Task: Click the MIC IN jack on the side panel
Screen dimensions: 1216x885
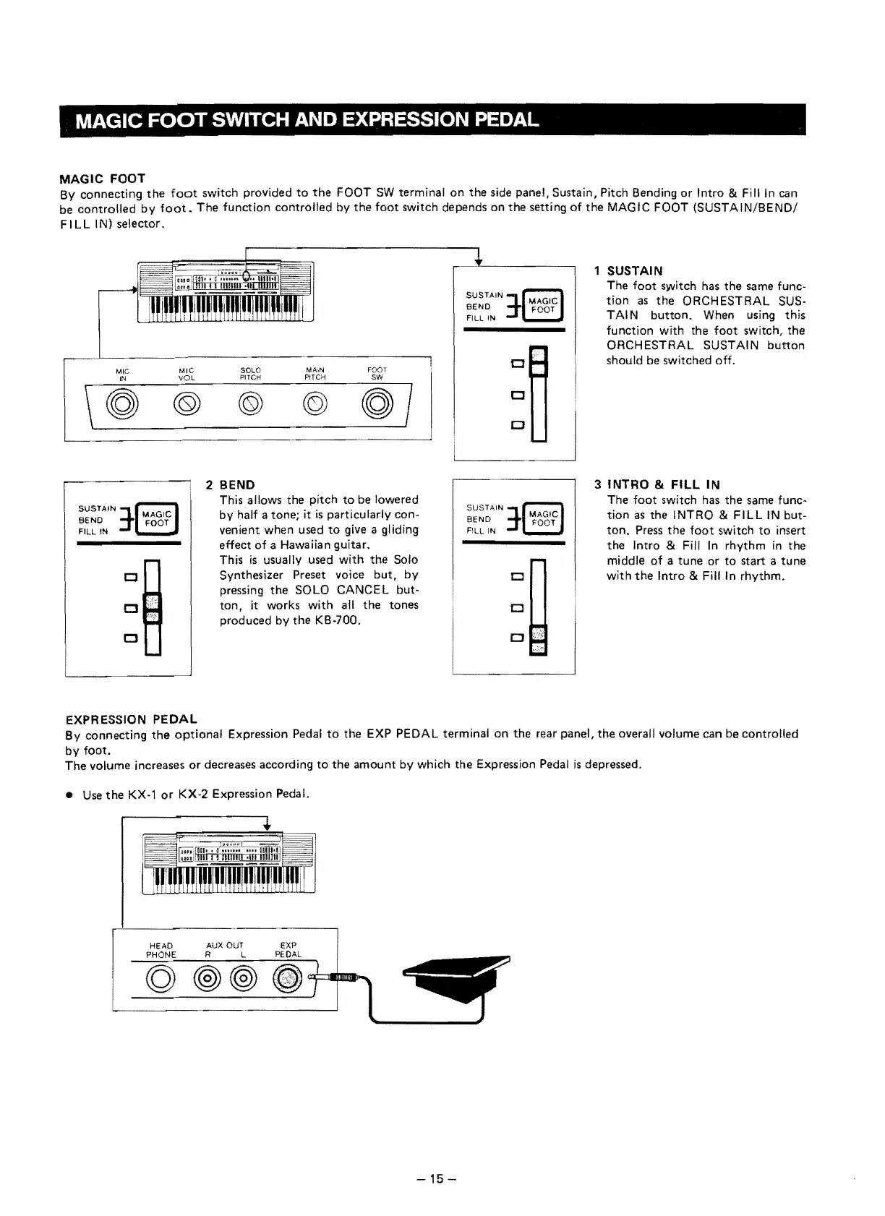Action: [x=122, y=402]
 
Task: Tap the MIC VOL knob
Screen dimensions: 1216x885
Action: [x=187, y=402]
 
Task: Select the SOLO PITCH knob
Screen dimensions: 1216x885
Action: [x=250, y=402]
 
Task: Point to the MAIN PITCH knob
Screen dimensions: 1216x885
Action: [x=315, y=402]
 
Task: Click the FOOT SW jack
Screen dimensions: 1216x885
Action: [x=378, y=402]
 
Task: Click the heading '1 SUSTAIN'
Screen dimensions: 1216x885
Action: [x=628, y=271]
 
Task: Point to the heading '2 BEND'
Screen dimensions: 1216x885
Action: [x=231, y=484]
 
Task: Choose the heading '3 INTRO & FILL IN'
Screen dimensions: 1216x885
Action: [x=657, y=484]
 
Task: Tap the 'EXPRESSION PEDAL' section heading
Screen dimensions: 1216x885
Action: [x=132, y=719]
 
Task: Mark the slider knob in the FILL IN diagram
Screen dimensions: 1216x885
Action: [x=539, y=639]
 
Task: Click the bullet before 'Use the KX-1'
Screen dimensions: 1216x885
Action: [x=69, y=795]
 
